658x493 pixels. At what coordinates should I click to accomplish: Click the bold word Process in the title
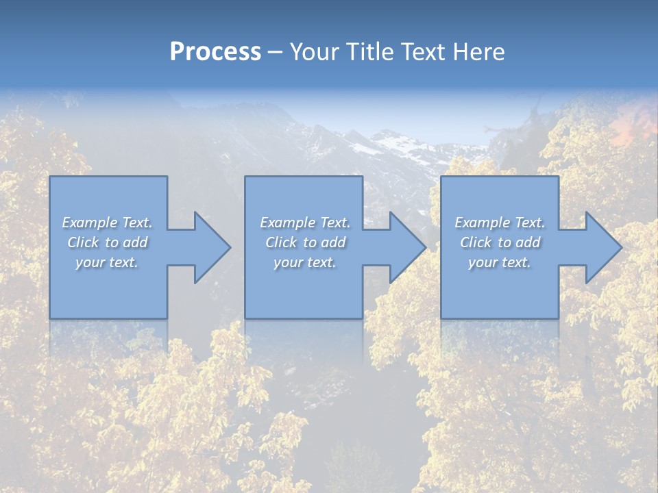215,52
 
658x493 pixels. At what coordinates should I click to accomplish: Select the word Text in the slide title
422,52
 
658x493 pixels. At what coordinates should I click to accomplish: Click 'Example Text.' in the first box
107,223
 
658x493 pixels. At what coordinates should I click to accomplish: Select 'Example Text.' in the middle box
305,223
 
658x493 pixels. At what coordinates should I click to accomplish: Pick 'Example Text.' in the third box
500,223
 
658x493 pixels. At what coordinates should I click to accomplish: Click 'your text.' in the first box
107,262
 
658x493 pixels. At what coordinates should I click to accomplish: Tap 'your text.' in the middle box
305,262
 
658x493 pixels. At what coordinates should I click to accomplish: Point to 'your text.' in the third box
500,262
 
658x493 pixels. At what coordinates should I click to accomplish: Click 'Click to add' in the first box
107,242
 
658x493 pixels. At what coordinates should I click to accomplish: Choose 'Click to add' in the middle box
305,242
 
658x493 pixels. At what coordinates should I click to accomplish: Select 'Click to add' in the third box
500,242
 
